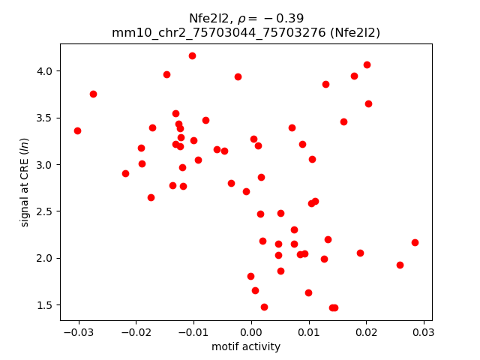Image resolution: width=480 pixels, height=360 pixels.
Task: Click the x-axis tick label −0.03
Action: coord(78,331)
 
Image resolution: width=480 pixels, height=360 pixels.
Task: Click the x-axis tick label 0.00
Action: coord(251,331)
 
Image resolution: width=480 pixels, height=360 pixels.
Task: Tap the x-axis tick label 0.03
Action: coord(424,331)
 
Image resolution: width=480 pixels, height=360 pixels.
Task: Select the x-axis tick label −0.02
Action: coord(136,331)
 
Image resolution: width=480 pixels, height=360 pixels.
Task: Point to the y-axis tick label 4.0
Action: coord(46,71)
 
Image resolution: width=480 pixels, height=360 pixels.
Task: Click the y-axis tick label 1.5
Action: coord(46,305)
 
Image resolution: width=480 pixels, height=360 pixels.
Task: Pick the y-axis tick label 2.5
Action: coord(46,211)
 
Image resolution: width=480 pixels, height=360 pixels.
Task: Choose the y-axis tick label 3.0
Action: coord(46,165)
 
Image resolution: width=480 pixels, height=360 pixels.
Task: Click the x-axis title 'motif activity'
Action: coord(246,346)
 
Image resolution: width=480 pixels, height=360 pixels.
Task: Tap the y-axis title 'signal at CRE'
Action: coord(25,182)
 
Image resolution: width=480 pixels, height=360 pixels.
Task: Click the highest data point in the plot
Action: coord(192,55)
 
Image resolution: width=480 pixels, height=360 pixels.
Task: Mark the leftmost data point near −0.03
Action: coord(77,130)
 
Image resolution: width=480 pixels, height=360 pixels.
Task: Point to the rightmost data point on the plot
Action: coord(415,242)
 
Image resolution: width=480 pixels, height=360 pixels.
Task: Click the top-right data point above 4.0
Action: coord(367,64)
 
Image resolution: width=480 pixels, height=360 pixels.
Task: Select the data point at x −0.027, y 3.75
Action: coord(93,94)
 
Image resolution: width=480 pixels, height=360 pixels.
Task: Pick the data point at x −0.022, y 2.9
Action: coord(125,173)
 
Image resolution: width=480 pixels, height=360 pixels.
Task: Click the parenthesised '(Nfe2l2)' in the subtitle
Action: coord(354,33)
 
